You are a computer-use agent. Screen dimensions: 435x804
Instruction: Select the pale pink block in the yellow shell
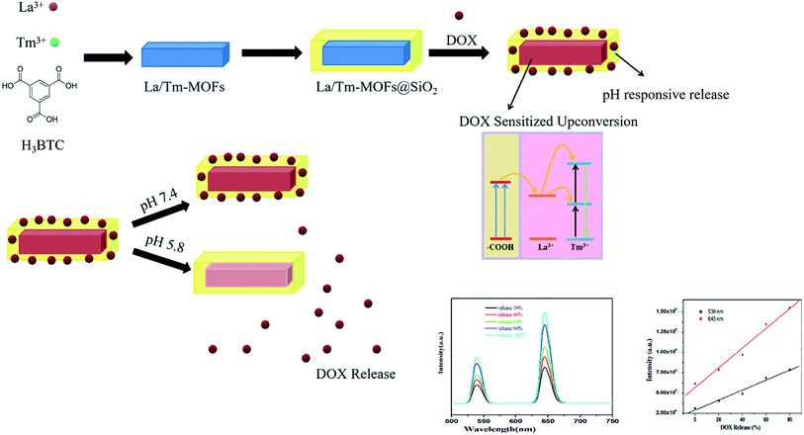(x=250, y=274)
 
